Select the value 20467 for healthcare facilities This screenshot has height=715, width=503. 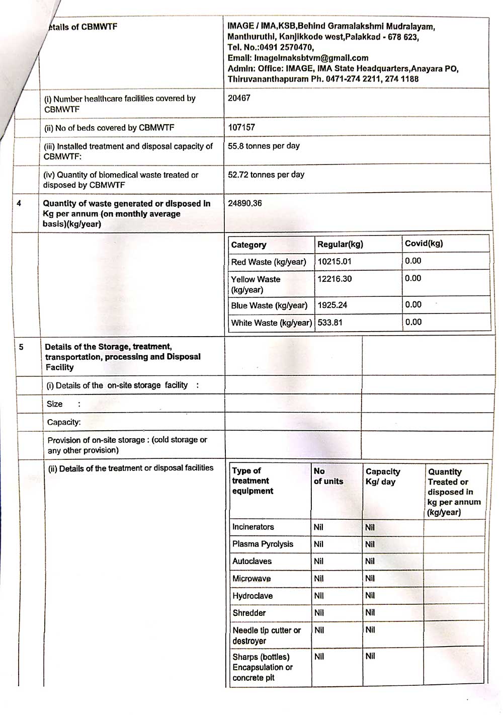pyautogui.click(x=239, y=98)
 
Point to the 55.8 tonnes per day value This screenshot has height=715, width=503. pyautogui.click(x=264, y=146)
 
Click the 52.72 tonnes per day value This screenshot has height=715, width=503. pyautogui.click(x=266, y=175)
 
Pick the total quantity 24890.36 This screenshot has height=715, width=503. pyautogui.click(x=245, y=203)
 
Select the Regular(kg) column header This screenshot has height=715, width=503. pyautogui.click(x=340, y=245)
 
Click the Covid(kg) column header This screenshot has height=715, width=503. pyautogui.click(x=424, y=244)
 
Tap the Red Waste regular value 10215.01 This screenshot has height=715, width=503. pyautogui.click(x=334, y=262)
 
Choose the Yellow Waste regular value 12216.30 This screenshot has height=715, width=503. pyautogui.click(x=334, y=279)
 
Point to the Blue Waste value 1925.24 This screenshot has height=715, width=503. pyautogui.click(x=332, y=305)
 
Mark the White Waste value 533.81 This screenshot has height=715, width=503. pyautogui.click(x=330, y=323)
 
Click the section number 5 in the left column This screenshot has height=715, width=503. pyautogui.click(x=21, y=347)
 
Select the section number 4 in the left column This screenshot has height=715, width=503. pyautogui.click(x=19, y=204)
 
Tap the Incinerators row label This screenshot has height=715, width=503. pyautogui.click(x=253, y=527)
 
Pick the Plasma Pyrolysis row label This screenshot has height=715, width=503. pyautogui.click(x=263, y=544)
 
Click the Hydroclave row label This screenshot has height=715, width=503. pyautogui.click(x=253, y=596)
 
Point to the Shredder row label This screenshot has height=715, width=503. pyautogui.click(x=249, y=613)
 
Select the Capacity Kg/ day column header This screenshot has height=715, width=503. pyautogui.click(x=383, y=476)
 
